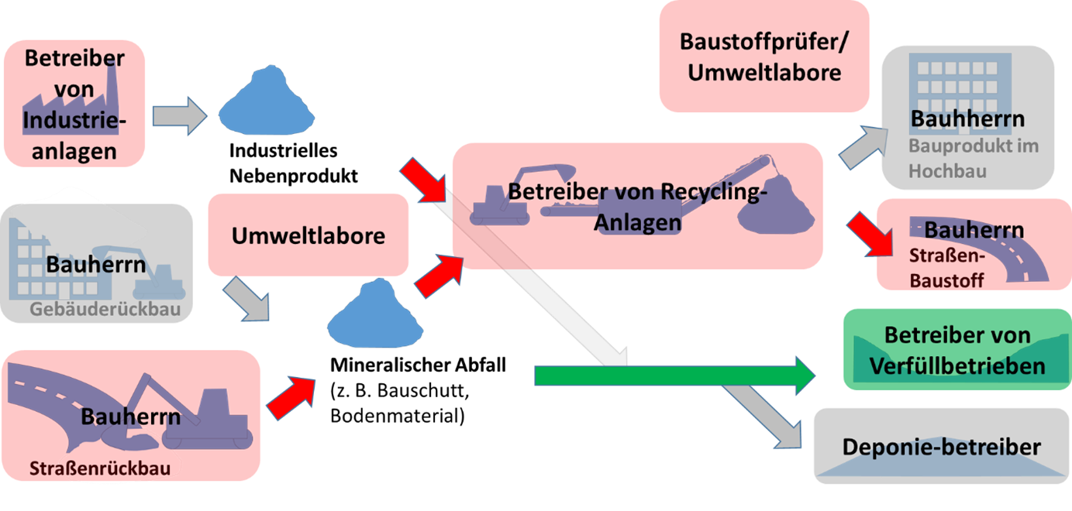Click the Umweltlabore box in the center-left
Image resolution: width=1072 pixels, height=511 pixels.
[x=308, y=235]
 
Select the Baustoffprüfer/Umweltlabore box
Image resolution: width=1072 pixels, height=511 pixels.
[x=763, y=57]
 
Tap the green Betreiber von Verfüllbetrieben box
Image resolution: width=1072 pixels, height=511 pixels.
[x=957, y=350]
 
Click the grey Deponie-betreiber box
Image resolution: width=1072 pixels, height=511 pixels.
[x=941, y=447]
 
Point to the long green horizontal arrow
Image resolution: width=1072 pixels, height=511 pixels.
[x=667, y=376]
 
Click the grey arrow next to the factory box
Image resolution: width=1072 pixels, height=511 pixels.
[x=179, y=116]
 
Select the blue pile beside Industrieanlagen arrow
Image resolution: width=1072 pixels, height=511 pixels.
[x=266, y=101]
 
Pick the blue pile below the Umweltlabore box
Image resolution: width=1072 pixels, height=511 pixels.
[x=375, y=314]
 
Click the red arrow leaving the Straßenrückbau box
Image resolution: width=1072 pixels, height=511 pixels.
[x=292, y=396]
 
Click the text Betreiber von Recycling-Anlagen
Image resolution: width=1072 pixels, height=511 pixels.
[x=636, y=207]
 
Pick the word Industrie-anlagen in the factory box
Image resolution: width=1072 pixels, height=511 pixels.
[x=74, y=135]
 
